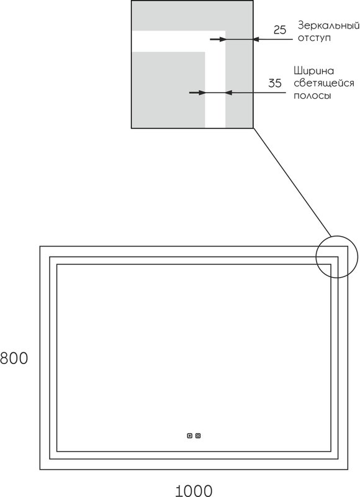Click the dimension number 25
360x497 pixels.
coord(279,30)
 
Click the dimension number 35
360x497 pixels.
coord(275,83)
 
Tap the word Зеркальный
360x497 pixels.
coord(328,25)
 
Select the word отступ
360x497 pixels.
coord(314,38)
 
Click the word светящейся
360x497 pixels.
coord(323,83)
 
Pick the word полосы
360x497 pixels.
coord(312,96)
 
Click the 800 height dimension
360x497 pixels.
coord(14,358)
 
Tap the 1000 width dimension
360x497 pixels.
coord(194,491)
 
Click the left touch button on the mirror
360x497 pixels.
coord(190,436)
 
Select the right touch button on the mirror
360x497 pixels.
coord(198,436)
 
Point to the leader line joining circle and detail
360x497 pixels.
coord(292,182)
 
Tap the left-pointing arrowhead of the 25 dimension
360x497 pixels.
coord(256,39)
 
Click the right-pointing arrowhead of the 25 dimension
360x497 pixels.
coord(222,39)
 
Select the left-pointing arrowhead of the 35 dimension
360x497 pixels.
coord(228,93)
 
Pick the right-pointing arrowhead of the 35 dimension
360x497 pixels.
coord(202,93)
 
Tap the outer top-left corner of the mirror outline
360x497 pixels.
coord(40,246)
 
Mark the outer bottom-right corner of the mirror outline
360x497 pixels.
coord(348,469)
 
